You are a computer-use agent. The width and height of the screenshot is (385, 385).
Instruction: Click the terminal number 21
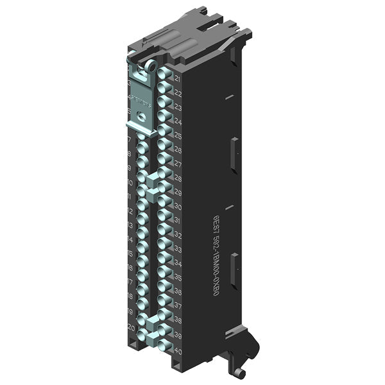(x=177, y=78)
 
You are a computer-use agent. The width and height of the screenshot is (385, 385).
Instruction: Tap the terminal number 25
(x=178, y=136)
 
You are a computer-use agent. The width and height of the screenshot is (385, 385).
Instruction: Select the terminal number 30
(x=178, y=207)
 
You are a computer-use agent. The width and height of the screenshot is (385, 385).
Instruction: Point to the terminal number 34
(x=178, y=264)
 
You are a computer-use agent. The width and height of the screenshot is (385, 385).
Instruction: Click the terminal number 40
(x=178, y=350)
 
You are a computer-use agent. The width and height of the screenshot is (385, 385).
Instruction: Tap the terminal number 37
(x=178, y=307)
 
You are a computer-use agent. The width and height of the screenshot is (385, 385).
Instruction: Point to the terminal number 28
(x=178, y=178)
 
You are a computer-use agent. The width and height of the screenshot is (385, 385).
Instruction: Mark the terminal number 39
(x=178, y=336)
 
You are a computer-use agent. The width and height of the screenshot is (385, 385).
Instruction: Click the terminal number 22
(x=178, y=93)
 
